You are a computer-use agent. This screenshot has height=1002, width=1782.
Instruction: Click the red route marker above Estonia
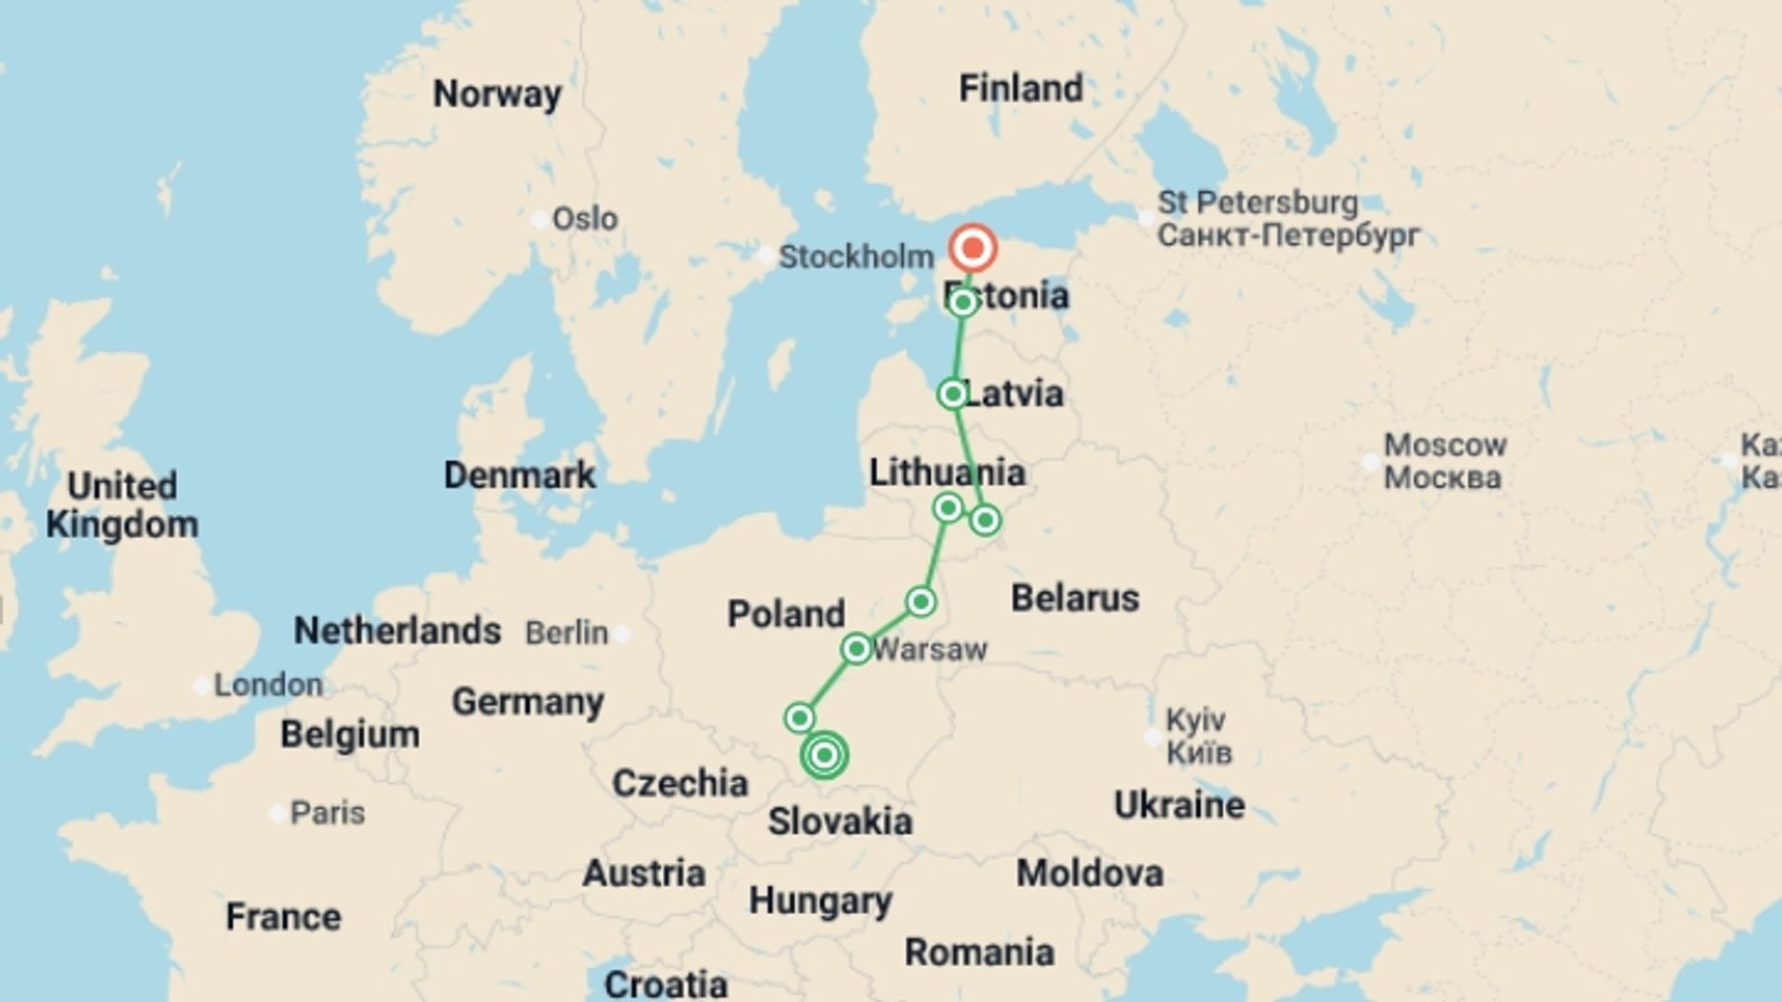[x=973, y=249]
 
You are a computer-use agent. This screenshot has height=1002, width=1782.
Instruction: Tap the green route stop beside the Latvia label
[x=952, y=394]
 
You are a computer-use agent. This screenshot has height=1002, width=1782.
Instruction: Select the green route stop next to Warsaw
[x=857, y=649]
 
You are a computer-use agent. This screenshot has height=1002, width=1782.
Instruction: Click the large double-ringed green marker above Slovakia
[x=824, y=755]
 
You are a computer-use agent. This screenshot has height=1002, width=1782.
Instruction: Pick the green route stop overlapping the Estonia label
[x=963, y=302]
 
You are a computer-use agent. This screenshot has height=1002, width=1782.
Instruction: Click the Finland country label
[x=1020, y=89]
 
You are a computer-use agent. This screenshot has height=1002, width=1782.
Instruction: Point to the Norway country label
[x=497, y=94]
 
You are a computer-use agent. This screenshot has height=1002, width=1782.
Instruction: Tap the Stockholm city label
[x=856, y=257]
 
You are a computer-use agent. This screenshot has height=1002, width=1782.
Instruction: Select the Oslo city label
[x=585, y=219]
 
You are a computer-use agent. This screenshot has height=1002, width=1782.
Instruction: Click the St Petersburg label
[x=1258, y=202]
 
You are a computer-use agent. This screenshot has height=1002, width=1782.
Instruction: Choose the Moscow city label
[x=1445, y=445]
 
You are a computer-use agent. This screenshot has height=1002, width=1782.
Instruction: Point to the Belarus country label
[x=1075, y=598]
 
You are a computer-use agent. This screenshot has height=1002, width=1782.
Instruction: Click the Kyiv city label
[x=1195, y=720]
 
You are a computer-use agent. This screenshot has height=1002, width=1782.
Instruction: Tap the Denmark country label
[x=520, y=475]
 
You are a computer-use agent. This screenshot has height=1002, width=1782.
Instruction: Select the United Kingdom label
[x=123, y=505]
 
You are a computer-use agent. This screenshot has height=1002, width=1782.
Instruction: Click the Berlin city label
[x=566, y=633]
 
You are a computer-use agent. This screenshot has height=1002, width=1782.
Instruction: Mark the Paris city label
[x=328, y=813]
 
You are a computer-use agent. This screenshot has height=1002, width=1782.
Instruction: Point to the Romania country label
[x=979, y=952]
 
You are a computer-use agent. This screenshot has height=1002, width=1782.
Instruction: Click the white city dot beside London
[x=201, y=686]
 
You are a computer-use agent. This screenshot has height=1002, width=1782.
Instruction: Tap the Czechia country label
[x=679, y=784]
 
